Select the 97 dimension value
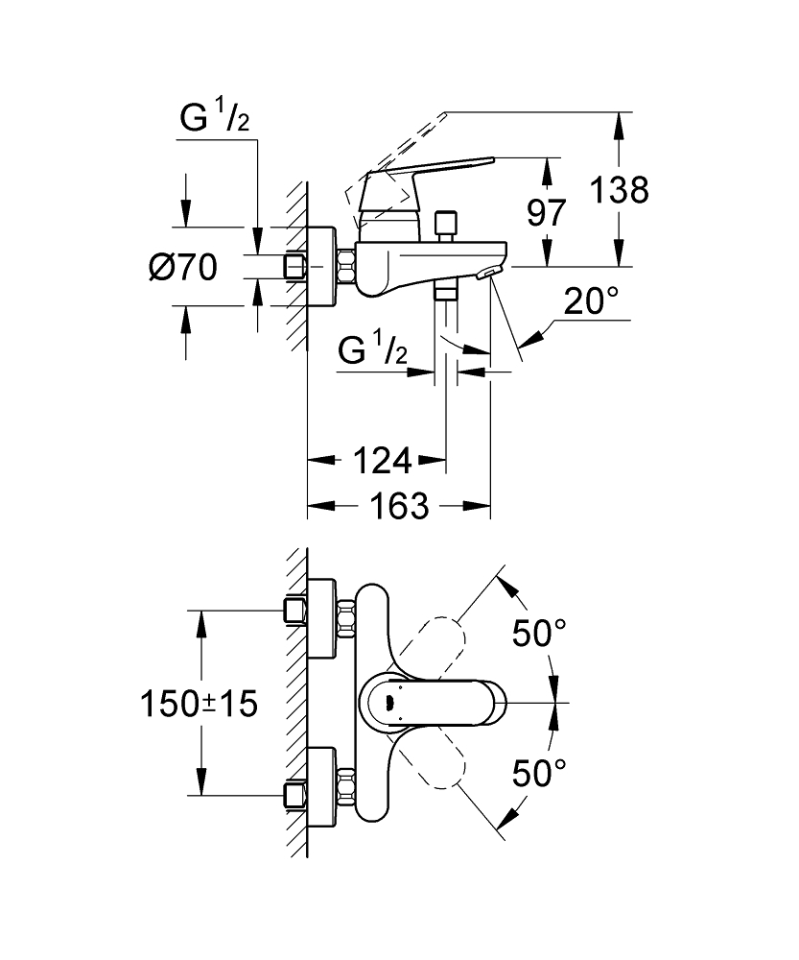548,212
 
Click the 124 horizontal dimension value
380,462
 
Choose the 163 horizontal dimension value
398,506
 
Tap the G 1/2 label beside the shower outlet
373,352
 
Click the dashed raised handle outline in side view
403,144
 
